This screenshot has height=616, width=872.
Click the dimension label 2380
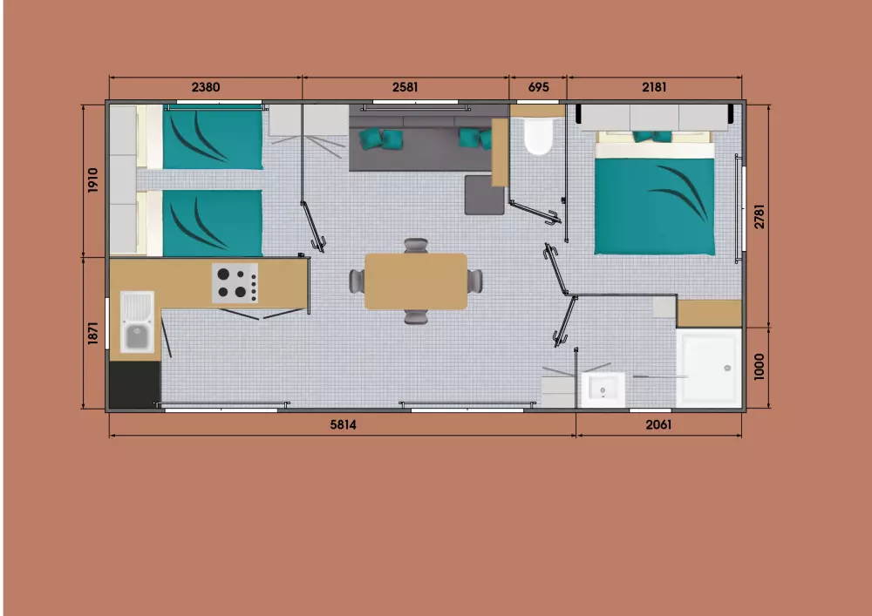pyautogui.click(x=205, y=87)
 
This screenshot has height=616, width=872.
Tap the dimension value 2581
pyautogui.click(x=405, y=87)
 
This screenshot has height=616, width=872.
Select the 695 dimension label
pyautogui.click(x=538, y=87)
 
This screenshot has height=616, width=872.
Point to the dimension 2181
pyautogui.click(x=654, y=87)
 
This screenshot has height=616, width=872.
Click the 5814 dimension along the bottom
pyautogui.click(x=343, y=425)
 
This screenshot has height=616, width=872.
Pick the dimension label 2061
pyautogui.click(x=658, y=425)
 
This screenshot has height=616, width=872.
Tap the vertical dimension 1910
pyautogui.click(x=93, y=180)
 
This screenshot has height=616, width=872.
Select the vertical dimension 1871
pyautogui.click(x=93, y=333)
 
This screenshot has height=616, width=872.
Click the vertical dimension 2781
pyautogui.click(x=760, y=216)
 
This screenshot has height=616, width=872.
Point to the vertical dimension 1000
pyautogui.click(x=760, y=367)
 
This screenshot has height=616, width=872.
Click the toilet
pyautogui.click(x=538, y=136)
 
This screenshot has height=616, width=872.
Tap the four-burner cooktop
pyautogui.click(x=235, y=283)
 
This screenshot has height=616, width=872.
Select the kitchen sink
pyautogui.click(x=137, y=322)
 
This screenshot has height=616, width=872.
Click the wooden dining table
pyautogui.click(x=416, y=281)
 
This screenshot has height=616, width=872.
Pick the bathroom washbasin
pyautogui.click(x=603, y=390)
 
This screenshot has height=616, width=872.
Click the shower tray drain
pyautogui.click(x=727, y=368)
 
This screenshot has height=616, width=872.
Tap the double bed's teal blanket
pyautogui.click(x=655, y=206)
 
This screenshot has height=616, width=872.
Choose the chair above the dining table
pyautogui.click(x=416, y=246)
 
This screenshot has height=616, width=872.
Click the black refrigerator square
pyautogui.click(x=135, y=385)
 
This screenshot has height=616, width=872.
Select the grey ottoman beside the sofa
pyautogui.click(x=484, y=195)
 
